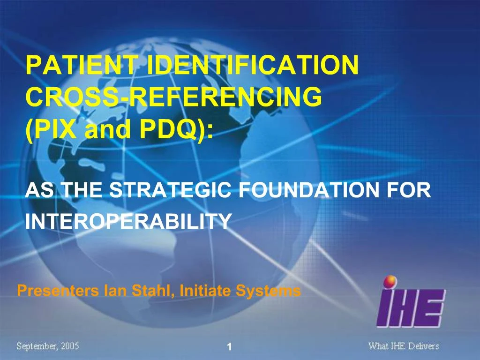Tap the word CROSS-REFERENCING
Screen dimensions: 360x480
[x=174, y=97]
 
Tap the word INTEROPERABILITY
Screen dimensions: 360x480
[x=128, y=221]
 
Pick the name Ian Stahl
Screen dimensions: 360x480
[x=140, y=291]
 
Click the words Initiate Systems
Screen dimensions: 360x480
[x=240, y=291]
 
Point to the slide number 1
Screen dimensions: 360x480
[x=229, y=347]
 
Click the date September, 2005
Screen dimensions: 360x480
[x=48, y=346]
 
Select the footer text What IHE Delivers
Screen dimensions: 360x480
[x=403, y=346]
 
